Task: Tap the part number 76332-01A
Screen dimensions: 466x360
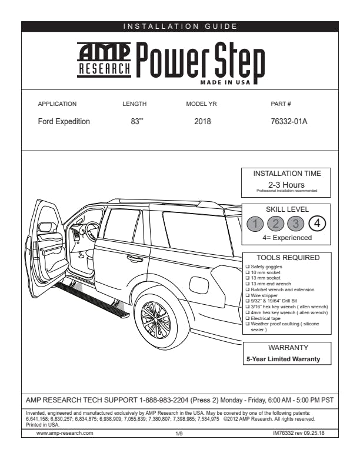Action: click(289, 122)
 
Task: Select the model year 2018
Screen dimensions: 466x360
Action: click(202, 122)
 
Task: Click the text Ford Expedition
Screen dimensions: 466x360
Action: click(64, 122)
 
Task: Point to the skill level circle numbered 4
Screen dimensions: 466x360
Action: click(317, 224)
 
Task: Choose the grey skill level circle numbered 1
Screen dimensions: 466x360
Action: click(255, 224)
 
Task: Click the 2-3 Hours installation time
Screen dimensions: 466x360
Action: click(286, 185)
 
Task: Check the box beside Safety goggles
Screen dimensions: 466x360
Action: click(247, 267)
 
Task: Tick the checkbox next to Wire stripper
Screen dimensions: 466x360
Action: click(247, 295)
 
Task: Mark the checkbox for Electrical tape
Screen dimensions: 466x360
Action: click(247, 318)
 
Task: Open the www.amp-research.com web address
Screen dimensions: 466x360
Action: click(65, 432)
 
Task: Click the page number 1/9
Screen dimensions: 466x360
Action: click(180, 433)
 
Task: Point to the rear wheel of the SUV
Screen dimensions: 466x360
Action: click(156, 319)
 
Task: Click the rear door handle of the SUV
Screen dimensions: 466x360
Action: click(135, 258)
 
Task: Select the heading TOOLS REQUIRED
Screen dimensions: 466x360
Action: click(288, 258)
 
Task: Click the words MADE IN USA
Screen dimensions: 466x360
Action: click(224, 82)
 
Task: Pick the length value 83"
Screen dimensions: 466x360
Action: click(137, 122)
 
